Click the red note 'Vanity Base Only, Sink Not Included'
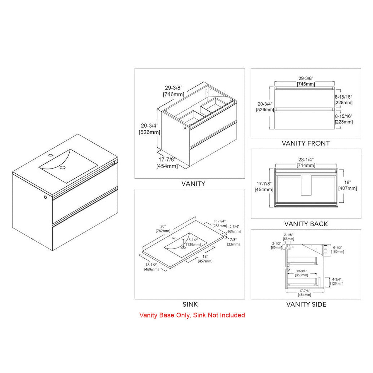(192, 315)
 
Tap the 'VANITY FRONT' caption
(306, 144)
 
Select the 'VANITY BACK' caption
(306, 224)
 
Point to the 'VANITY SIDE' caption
(306, 304)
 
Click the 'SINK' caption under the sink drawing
(190, 304)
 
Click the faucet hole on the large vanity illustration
(50, 155)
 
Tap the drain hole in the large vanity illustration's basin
(62, 167)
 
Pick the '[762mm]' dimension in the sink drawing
(163, 231)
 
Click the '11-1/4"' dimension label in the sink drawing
(220, 221)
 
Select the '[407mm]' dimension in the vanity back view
(347, 188)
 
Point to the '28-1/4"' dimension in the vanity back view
(306, 160)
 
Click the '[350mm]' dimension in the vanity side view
(302, 275)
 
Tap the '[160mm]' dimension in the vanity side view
(338, 252)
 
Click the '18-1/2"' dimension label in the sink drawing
(151, 265)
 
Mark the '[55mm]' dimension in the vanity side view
(289, 239)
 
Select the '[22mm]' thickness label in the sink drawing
(233, 244)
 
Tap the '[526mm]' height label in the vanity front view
(265, 109)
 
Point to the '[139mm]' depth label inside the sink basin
(194, 245)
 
